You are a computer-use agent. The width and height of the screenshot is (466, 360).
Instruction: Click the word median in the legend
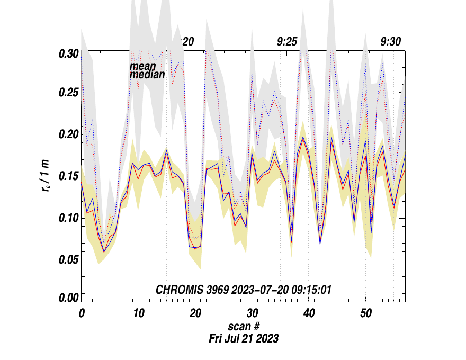click(x=147, y=75)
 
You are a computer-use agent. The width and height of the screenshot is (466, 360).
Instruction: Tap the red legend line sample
click(x=108, y=67)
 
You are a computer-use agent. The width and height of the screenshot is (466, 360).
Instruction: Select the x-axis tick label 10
click(x=138, y=313)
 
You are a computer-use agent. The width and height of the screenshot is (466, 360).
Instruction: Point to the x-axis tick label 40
click(x=309, y=313)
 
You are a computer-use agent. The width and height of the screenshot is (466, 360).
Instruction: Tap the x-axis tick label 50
click(x=365, y=313)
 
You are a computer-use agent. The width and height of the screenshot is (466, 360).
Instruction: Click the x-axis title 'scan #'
click(x=243, y=327)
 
